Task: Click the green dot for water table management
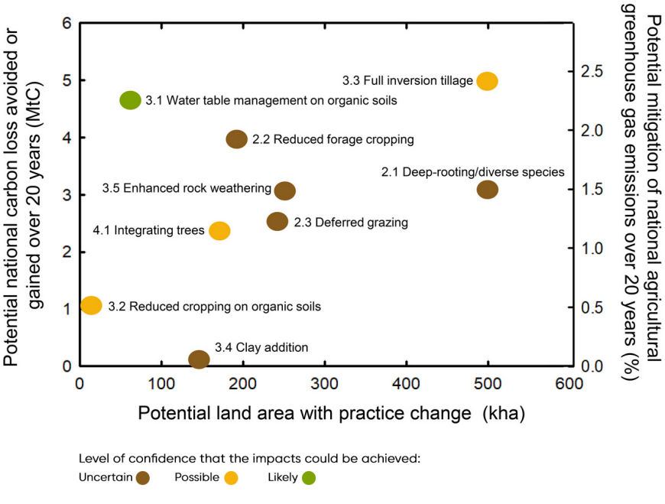(x=130, y=100)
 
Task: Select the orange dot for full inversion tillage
(x=487, y=81)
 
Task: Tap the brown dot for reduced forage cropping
(x=236, y=139)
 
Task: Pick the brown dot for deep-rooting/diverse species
(x=488, y=190)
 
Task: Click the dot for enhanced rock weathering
(x=284, y=190)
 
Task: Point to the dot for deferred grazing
(x=277, y=222)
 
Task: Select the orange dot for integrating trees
(x=219, y=230)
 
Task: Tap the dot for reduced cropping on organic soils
(x=91, y=306)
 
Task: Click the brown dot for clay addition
(x=199, y=359)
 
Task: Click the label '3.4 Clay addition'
(x=261, y=347)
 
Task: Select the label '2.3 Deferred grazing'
(x=351, y=223)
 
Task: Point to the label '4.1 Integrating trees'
(x=148, y=230)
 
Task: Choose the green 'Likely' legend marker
(x=307, y=478)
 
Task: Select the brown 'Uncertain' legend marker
(x=142, y=478)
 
